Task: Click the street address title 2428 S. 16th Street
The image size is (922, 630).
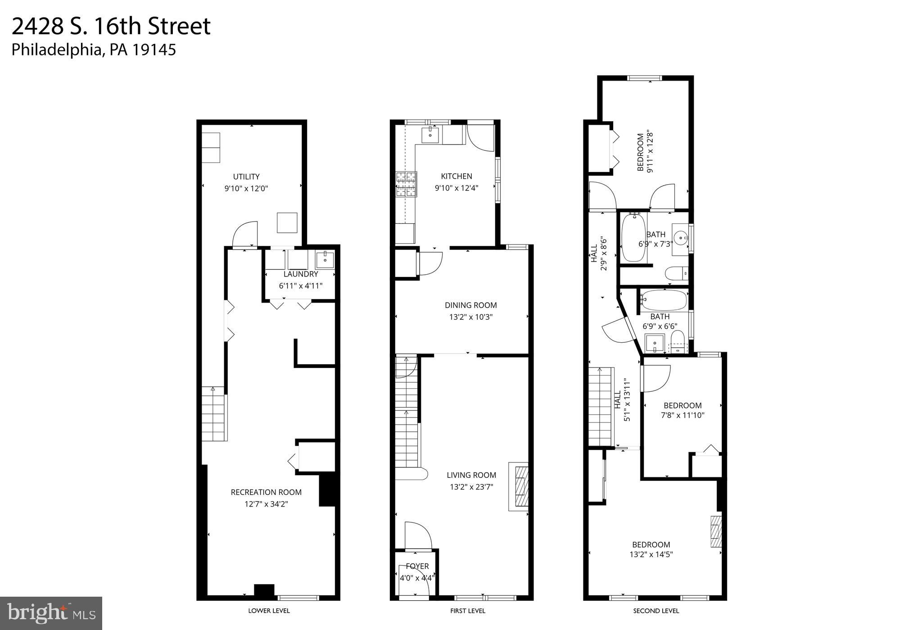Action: [111, 26]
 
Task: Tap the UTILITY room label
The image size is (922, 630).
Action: [246, 177]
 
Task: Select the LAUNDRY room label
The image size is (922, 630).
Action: [301, 274]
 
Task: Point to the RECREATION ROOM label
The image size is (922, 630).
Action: [266, 492]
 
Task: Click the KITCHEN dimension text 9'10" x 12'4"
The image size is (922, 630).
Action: [456, 188]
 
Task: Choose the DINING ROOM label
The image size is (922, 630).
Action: [471, 305]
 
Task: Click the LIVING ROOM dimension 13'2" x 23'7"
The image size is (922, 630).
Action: [471, 486]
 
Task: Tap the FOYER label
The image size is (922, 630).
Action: [417, 566]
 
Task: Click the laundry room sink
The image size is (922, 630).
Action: [325, 260]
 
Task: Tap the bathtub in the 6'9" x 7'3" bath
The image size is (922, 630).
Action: [633, 238]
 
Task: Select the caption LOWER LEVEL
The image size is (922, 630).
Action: [269, 611]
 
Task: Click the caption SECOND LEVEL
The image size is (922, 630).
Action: [656, 611]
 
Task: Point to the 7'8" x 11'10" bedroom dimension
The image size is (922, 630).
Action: [682, 415]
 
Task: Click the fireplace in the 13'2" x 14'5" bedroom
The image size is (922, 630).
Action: [716, 531]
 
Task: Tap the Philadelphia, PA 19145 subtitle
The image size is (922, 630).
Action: [94, 50]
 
